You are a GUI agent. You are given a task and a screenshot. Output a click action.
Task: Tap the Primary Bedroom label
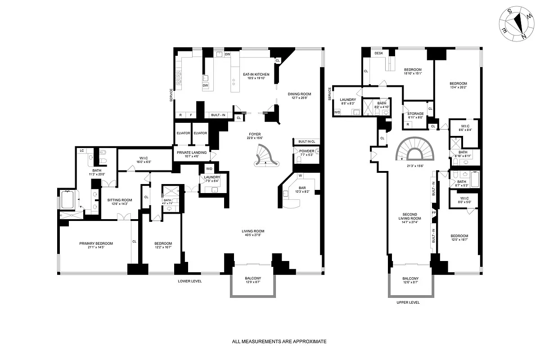(x=96, y=243)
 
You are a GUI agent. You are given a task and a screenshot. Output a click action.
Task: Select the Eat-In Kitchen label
(x=256, y=74)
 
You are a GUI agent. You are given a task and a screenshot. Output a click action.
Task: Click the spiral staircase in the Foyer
(x=265, y=156)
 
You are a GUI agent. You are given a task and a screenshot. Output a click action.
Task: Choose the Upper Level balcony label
(x=410, y=279)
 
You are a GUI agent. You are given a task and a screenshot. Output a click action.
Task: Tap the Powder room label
(x=307, y=151)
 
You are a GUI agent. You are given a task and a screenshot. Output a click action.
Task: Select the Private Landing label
(x=192, y=153)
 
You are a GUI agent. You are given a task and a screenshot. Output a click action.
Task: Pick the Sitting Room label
(x=119, y=200)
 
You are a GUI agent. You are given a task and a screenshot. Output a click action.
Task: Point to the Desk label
(x=379, y=54)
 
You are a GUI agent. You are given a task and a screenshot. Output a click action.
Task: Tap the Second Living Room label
(x=409, y=217)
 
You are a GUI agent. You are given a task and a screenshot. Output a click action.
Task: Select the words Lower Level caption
(x=189, y=281)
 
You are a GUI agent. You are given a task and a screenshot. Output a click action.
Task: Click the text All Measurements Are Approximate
(x=279, y=342)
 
